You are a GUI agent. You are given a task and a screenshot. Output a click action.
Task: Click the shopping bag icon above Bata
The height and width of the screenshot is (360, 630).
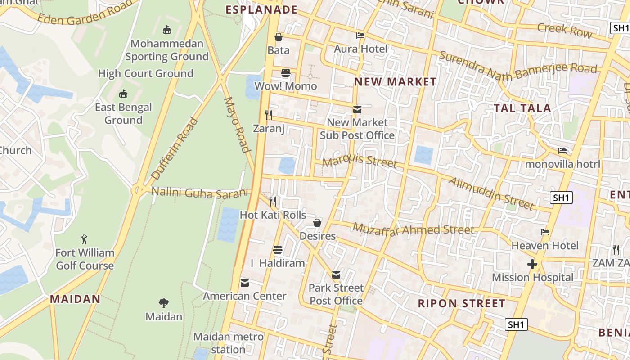279,37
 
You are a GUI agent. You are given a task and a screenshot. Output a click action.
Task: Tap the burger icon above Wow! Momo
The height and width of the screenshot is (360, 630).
286,73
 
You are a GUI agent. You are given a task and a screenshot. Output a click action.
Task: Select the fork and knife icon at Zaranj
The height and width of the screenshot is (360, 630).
269,115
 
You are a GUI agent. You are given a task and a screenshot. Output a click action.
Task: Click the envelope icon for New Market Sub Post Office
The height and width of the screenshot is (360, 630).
357,109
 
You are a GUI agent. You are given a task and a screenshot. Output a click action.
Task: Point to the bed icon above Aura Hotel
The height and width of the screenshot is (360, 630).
360,36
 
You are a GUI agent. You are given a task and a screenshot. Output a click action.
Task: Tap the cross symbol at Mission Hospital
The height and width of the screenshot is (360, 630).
532,264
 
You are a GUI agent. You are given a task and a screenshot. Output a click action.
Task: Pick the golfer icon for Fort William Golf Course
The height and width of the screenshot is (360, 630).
84,239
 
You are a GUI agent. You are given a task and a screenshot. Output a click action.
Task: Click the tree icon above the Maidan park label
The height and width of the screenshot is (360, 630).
164,303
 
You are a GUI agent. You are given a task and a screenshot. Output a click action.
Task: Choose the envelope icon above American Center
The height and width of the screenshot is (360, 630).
245,283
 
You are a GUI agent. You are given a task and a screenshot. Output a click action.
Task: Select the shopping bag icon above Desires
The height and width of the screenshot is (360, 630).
317,223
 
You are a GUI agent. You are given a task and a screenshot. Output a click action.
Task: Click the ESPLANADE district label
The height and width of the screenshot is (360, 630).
261,10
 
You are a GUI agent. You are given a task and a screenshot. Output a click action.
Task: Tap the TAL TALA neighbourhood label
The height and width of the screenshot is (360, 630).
522,108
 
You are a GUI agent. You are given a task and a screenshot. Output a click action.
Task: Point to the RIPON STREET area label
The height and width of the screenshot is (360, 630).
461,303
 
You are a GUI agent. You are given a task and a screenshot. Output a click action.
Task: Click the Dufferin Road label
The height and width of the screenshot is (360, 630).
175,148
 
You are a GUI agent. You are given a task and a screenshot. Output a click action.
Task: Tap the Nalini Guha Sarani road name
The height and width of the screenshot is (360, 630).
199,192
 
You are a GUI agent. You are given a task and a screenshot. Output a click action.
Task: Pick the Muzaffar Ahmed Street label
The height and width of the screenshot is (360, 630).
413,229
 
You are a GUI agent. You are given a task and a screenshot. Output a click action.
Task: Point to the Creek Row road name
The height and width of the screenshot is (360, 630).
564,30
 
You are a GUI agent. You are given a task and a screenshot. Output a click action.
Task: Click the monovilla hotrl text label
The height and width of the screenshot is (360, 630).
562,164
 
